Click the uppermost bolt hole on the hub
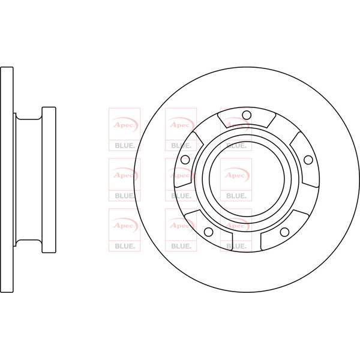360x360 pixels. pyautogui.click(x=245, y=115)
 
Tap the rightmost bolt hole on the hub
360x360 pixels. pyautogui.click(x=308, y=160)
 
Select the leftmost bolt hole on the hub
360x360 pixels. pyautogui.click(x=184, y=160)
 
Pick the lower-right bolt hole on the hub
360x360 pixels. pyautogui.click(x=284, y=232)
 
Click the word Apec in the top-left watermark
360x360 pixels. pyautogui.click(x=124, y=125)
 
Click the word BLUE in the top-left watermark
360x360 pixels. pyautogui.click(x=124, y=145)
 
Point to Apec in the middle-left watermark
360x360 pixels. pyautogui.click(x=124, y=175)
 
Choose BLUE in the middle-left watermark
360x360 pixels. pyautogui.click(x=124, y=195)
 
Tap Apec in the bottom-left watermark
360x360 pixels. pyautogui.click(x=124, y=225)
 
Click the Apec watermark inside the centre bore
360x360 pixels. pyautogui.click(x=236, y=175)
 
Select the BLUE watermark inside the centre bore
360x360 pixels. pyautogui.click(x=236, y=195)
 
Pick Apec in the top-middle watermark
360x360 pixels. pyautogui.click(x=180, y=125)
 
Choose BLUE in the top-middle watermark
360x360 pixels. pyautogui.click(x=180, y=145)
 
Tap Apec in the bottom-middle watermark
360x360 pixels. pyautogui.click(x=180, y=225)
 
